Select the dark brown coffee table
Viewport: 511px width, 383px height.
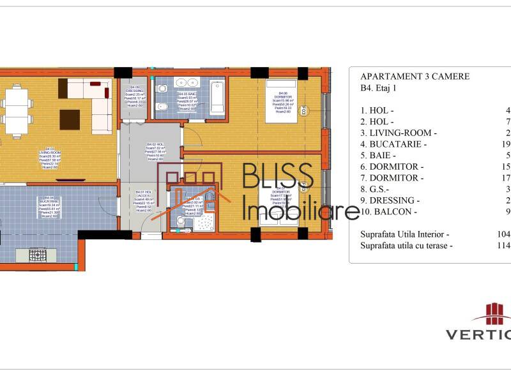tap(70, 119)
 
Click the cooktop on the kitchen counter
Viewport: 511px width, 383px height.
tap(37, 255)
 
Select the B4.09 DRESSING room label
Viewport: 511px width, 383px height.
tap(135, 96)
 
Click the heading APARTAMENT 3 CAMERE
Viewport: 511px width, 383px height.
tap(415, 77)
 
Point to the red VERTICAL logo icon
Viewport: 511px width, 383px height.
tap(491, 313)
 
